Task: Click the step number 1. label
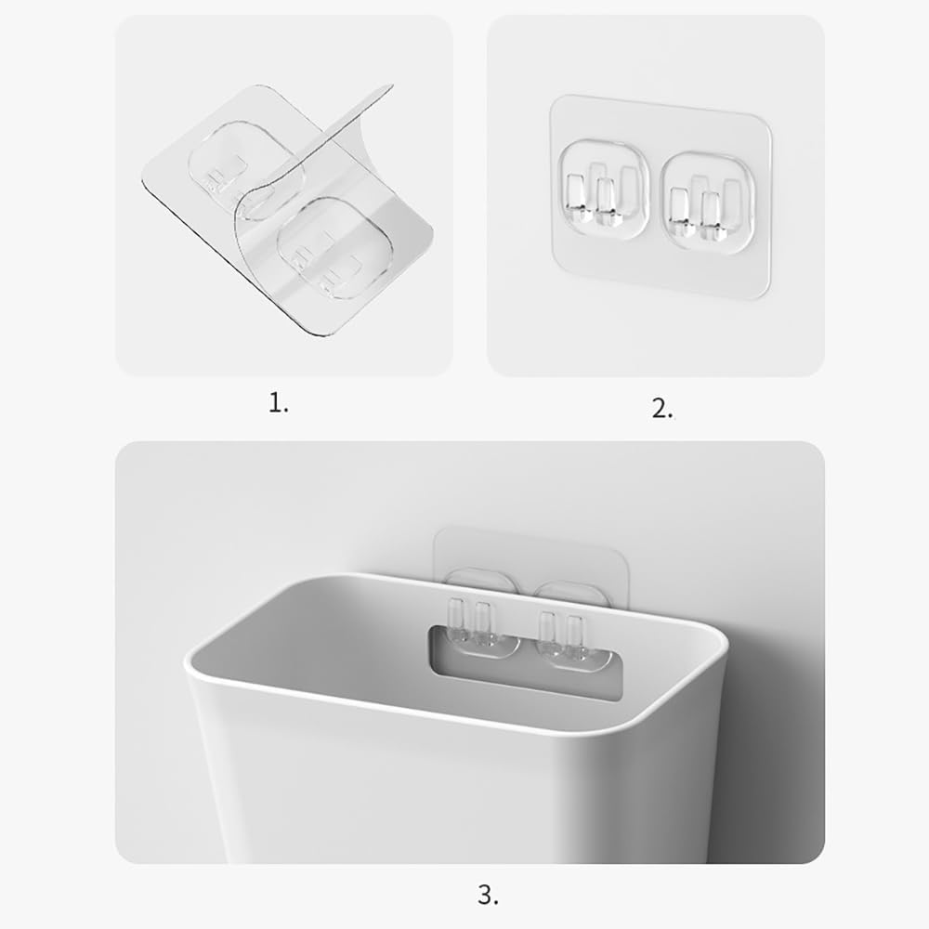coord(279,403)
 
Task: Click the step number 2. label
coord(661,408)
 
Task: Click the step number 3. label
coord(488,896)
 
